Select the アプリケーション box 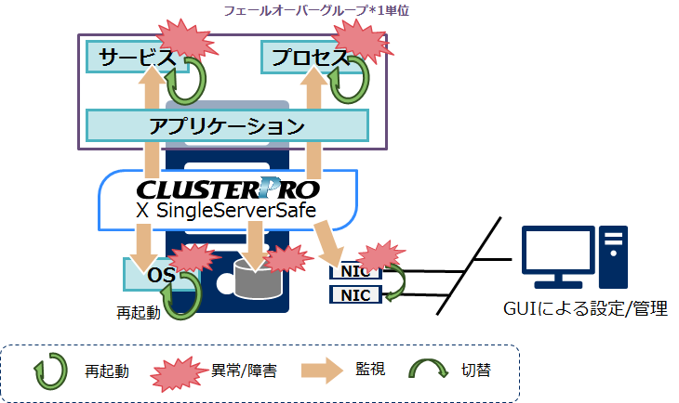tap(227, 124)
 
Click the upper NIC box tap(354, 272)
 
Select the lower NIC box tap(354, 295)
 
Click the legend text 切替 tap(477, 370)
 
